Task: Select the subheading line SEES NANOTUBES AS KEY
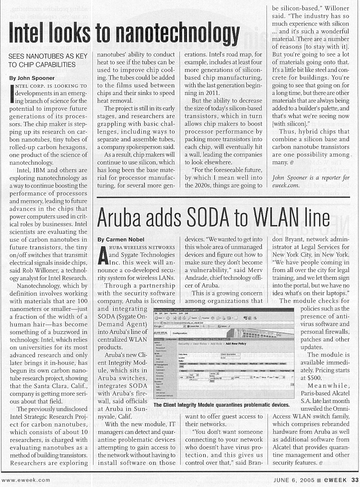(x=47, y=57)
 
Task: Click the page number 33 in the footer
(x=354, y=479)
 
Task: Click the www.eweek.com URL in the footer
(x=23, y=479)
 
